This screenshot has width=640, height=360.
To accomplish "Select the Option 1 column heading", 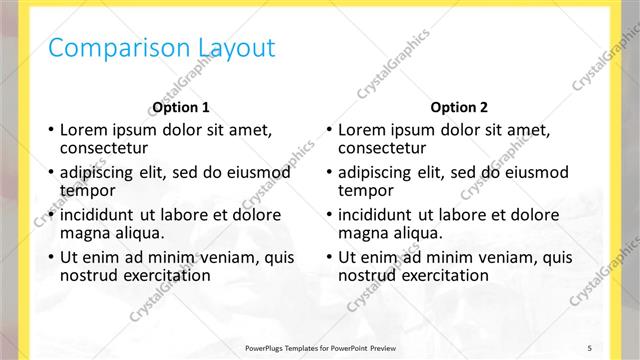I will point(181,107).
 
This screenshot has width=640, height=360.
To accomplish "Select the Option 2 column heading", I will point(459,107).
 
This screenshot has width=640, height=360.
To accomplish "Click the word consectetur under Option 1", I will point(97,147).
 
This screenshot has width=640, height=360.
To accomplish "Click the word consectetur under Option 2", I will point(375,147).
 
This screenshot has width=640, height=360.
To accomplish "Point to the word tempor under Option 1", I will point(87,190).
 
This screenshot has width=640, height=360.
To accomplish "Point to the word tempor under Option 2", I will point(365,190).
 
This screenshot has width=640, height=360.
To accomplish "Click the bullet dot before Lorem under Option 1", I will point(51,130).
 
